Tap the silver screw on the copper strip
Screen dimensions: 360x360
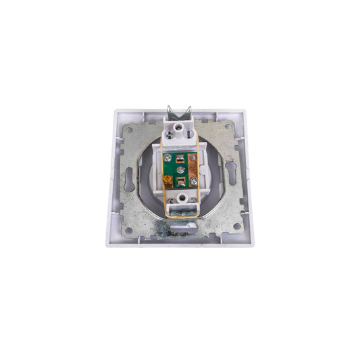(x=192, y=181)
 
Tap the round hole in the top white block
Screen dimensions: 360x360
(x=180, y=125)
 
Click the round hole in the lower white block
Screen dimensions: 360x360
(x=180, y=199)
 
